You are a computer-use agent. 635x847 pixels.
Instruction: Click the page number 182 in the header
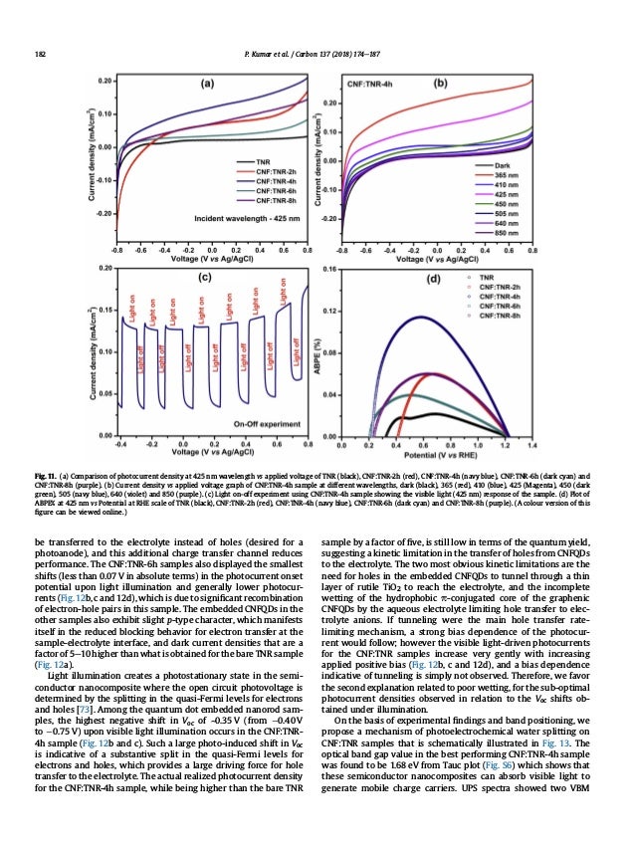(40, 53)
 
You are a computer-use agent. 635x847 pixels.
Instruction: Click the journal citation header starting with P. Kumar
(317, 53)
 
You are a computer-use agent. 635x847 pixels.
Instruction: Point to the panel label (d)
(433, 280)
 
